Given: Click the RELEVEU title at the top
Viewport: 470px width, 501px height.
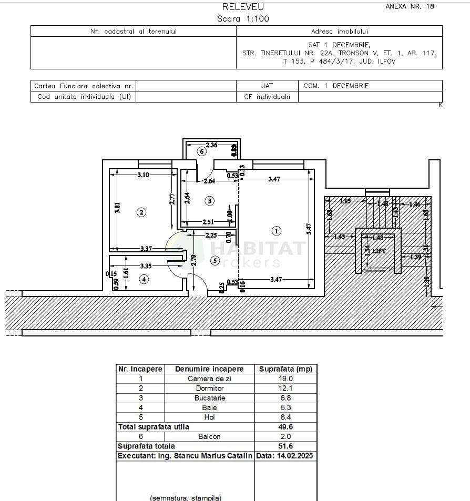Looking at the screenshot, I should [x=243, y=7].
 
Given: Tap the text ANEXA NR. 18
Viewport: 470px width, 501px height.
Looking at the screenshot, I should [x=410, y=7].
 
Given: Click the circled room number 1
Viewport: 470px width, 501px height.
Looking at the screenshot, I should [x=277, y=230].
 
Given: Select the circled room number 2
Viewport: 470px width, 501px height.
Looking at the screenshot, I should [x=141, y=212].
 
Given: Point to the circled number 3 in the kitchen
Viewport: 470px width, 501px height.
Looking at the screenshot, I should [x=209, y=200].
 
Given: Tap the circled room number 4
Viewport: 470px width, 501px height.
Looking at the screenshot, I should [x=144, y=279].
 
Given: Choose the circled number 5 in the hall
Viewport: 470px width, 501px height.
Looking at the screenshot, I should [x=214, y=260].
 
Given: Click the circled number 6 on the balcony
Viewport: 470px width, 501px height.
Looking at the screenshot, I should [x=201, y=151].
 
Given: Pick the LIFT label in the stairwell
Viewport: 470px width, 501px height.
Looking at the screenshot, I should [x=379, y=251].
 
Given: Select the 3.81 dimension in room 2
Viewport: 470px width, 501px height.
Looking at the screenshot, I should [x=118, y=208].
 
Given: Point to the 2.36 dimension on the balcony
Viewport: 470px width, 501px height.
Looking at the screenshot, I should [x=211, y=145].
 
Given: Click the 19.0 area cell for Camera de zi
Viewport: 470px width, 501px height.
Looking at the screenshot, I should [x=286, y=379].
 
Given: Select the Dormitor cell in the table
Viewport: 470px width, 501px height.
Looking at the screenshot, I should [x=209, y=388].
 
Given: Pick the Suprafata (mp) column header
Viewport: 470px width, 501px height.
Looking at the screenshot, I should [x=286, y=369].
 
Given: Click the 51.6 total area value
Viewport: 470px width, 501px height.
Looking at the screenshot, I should [x=286, y=446].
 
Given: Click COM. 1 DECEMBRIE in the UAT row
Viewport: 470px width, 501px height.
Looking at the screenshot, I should [x=336, y=86].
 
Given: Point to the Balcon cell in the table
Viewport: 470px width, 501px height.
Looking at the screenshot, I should [x=209, y=436].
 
